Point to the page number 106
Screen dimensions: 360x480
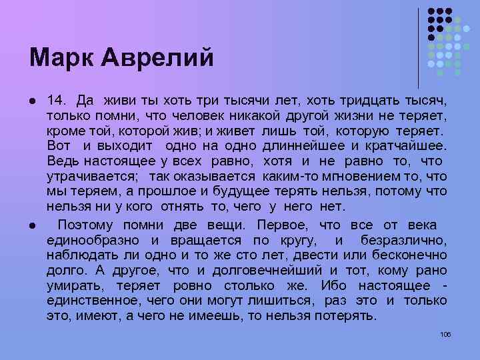point(446,334)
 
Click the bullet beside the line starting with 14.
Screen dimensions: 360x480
point(33,102)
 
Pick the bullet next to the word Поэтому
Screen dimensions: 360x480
point(33,225)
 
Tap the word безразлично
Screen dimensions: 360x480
point(404,240)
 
